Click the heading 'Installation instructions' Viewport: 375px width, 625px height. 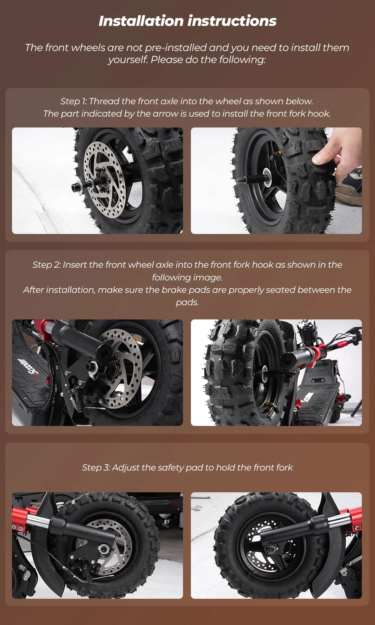point(187,21)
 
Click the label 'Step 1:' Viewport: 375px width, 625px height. point(74,101)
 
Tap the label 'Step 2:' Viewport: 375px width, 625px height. point(46,265)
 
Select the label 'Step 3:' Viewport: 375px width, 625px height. point(96,468)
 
